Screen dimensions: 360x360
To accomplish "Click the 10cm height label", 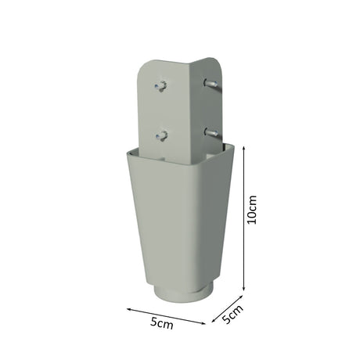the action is pos(252,209).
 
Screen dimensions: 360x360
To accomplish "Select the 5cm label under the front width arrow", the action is pos(162,323).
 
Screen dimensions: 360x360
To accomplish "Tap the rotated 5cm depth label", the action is pos(233,314).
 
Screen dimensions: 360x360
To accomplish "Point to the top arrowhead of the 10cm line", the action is pos(244,148).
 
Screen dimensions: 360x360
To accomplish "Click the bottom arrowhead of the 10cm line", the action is pos(244,288).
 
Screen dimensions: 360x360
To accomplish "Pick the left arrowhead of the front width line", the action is pos(129,309).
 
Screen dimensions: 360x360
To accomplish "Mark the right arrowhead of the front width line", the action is pos(203,323).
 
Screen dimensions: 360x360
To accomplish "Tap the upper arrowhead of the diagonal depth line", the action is pos(241,297).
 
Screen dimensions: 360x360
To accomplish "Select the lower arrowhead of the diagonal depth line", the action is pos(214,320).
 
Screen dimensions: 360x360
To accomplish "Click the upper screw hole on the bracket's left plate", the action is pos(161,86).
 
